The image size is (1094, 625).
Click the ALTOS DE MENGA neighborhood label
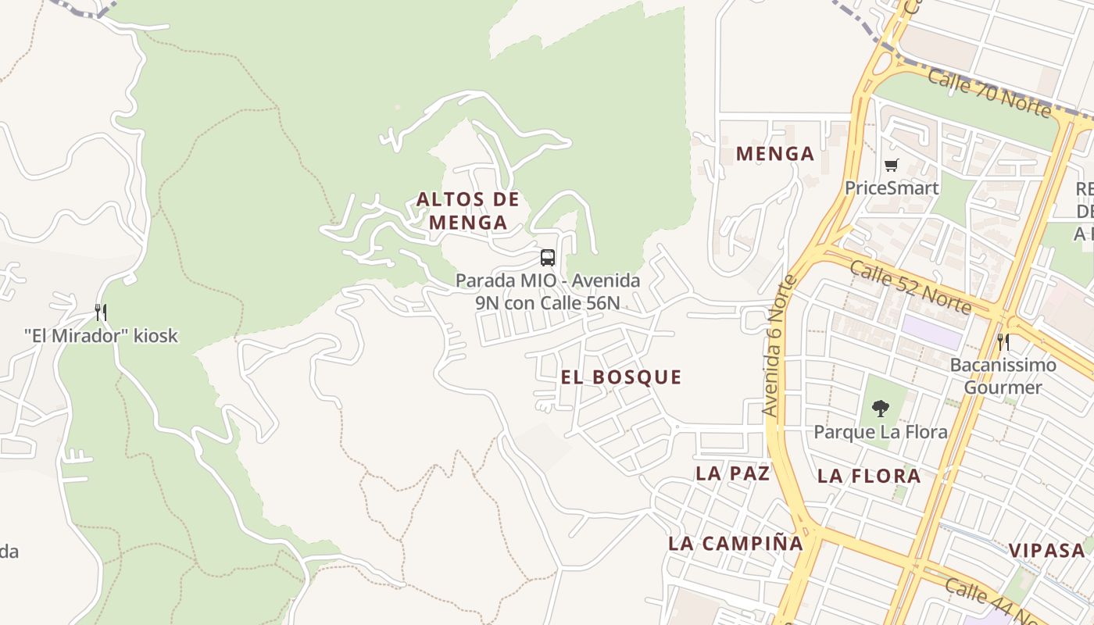point(468,211)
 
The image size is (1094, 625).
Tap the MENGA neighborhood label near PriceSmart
point(775,154)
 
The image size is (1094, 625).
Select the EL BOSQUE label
point(621,377)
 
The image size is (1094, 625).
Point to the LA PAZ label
point(733,473)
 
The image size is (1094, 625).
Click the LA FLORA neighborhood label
point(869,476)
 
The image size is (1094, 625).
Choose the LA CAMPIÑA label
point(735,544)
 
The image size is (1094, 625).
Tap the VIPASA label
point(1047,550)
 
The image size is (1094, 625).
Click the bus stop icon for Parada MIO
point(548,258)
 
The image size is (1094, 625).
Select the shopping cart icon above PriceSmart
point(891,165)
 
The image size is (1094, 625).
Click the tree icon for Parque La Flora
point(881,408)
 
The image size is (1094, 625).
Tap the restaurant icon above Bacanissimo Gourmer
point(1003,341)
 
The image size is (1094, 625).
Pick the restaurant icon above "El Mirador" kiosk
point(101,312)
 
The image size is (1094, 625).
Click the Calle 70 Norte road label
point(989,92)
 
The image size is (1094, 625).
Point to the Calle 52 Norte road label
point(910,287)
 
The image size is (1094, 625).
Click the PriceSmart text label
point(892,188)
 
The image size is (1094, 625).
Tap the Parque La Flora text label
point(881,432)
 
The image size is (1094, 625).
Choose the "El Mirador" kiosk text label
point(101,337)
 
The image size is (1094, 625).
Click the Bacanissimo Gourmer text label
point(1003,376)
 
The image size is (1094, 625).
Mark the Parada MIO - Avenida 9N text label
point(548,291)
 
